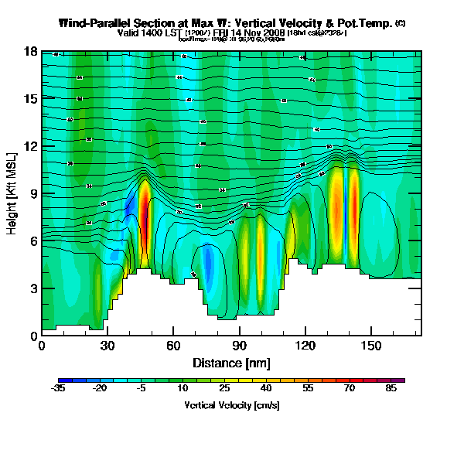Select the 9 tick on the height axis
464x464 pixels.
coord(34,193)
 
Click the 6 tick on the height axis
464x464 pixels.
coord(34,241)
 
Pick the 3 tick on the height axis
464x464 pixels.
coord(34,288)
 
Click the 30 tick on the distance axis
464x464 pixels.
coord(107,346)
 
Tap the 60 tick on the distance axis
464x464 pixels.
coord(173,346)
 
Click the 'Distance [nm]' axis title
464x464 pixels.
coord(231,363)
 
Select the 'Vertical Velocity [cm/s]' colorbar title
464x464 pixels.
coord(231,405)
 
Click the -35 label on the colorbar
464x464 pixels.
coord(58,389)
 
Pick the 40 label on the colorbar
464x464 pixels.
coord(265,389)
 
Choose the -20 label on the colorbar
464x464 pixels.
coord(100,389)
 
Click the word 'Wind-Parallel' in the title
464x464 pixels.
coord(97,24)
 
